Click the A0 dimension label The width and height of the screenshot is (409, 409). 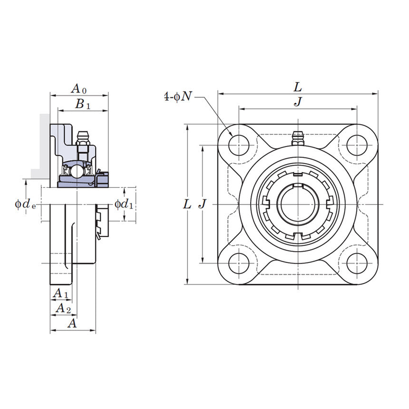click(79, 88)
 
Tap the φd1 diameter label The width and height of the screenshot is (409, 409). click(124, 204)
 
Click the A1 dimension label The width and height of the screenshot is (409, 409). click(60, 293)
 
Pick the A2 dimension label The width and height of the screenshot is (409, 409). click(63, 309)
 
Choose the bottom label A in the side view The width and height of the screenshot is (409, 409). click(72, 323)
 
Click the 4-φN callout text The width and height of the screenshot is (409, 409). click(178, 97)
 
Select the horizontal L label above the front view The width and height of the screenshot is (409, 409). click(298, 87)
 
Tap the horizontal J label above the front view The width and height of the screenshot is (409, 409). click(298, 101)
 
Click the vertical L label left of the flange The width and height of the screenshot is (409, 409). click(187, 204)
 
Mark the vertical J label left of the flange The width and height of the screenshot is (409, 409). click(203, 204)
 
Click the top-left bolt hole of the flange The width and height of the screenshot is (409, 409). click(239, 145)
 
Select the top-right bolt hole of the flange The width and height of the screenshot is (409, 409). click(357, 145)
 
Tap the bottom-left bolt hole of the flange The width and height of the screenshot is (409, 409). click(239, 263)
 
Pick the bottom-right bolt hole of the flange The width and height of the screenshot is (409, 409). click(357, 263)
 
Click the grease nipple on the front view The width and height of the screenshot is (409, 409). click(298, 138)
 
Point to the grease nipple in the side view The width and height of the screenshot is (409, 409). click(83, 138)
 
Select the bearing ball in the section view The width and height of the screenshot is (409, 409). click(76, 170)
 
